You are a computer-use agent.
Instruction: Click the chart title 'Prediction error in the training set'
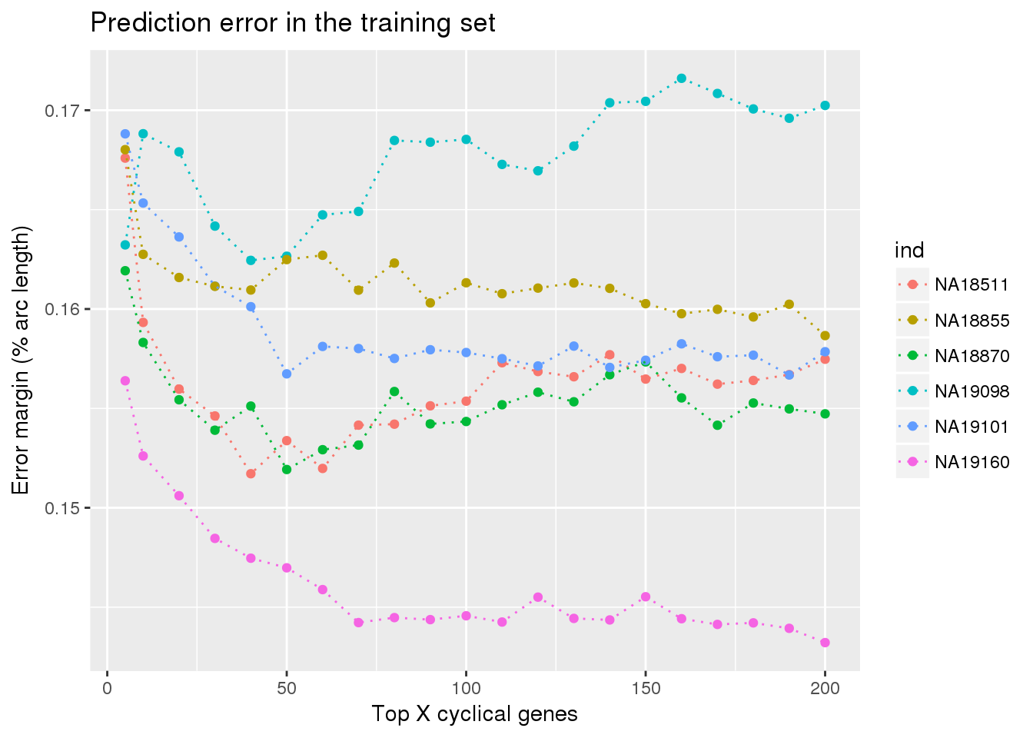pyautogui.click(x=293, y=23)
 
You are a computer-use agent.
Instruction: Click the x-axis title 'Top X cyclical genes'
pyautogui.click(x=474, y=714)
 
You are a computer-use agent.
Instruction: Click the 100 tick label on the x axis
pyautogui.click(x=466, y=689)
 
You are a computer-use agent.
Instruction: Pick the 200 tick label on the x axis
pyautogui.click(x=825, y=689)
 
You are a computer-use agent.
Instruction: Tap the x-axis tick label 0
pyautogui.click(x=107, y=689)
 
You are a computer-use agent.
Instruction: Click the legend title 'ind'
pyautogui.click(x=909, y=251)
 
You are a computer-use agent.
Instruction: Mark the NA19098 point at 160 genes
pyautogui.click(x=681, y=78)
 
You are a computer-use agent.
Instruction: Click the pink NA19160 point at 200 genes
pyautogui.click(x=825, y=643)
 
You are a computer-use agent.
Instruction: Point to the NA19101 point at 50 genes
pyautogui.click(x=287, y=374)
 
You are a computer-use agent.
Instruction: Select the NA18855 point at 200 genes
pyautogui.click(x=825, y=336)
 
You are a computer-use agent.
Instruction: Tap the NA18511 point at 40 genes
pyautogui.click(x=251, y=474)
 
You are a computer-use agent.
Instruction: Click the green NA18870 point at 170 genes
pyautogui.click(x=717, y=425)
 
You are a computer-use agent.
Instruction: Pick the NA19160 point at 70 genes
pyautogui.click(x=358, y=623)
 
